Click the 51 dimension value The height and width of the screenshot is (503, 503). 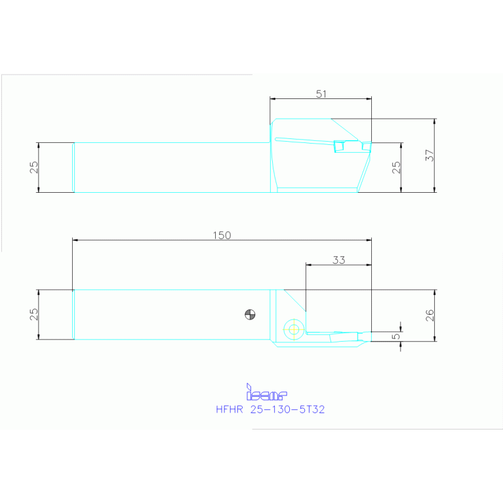tap(321, 94)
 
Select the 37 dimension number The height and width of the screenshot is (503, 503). tap(429, 155)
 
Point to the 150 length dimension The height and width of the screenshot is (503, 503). tap(222, 235)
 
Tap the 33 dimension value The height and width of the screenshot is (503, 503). tap(338, 260)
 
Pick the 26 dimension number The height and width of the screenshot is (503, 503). tap(429, 315)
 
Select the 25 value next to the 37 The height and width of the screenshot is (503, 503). tap(395, 167)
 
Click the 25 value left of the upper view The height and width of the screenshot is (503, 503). tap(34, 167)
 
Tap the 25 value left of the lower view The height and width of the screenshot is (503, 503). tap(34, 314)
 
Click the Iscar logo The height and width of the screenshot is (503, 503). tap(266, 393)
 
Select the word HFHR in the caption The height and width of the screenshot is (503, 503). tap(230, 409)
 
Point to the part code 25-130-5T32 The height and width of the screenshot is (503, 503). tap(287, 409)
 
